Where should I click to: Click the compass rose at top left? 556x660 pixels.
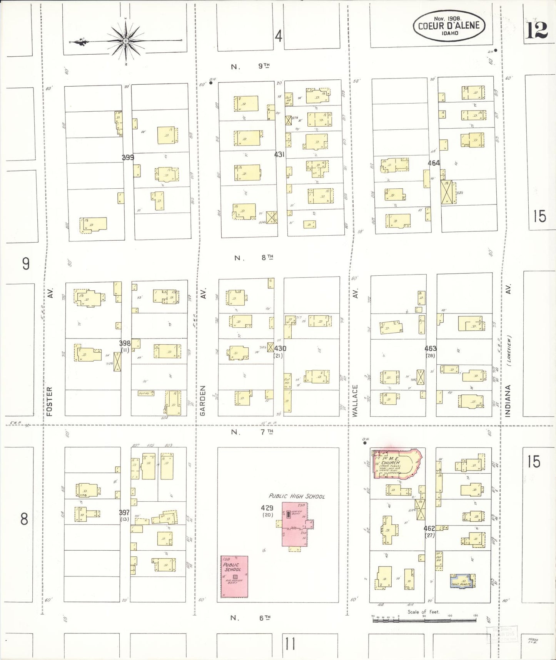126,41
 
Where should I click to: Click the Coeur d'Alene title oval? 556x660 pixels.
448,26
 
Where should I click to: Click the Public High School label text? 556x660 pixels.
296,496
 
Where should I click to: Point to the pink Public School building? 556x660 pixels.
234,576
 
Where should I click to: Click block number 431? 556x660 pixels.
279,154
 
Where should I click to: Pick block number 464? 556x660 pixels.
434,163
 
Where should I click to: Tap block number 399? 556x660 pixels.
128,157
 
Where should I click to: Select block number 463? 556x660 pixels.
430,348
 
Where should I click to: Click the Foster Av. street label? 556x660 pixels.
50,400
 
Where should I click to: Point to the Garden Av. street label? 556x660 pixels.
203,400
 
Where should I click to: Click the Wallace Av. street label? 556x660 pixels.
355,400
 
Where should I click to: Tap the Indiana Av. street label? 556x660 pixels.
508,400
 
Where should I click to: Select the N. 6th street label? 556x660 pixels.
250,618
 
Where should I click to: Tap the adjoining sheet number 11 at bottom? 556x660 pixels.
291,643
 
